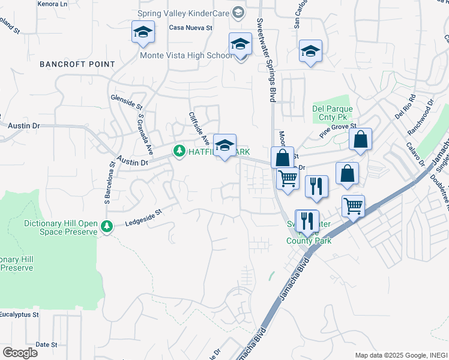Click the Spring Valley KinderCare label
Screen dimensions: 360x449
184,13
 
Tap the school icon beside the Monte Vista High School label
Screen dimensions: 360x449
240,45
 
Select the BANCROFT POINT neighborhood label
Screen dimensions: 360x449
77,64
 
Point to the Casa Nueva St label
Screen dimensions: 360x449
190,28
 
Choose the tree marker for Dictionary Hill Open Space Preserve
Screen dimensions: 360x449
106,226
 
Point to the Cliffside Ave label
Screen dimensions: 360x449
199,128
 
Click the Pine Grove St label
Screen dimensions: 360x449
338,131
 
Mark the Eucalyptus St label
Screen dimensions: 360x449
19,314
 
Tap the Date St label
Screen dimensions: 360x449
46,344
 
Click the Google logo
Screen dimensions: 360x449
20,352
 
